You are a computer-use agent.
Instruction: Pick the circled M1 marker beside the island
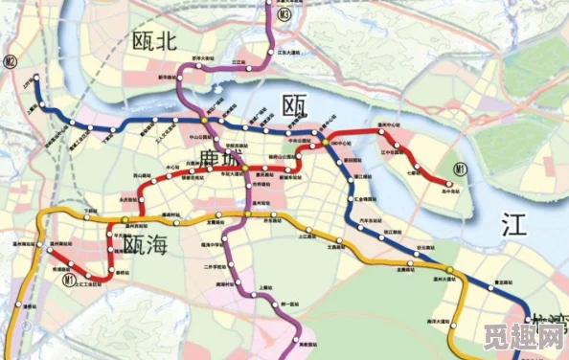460,169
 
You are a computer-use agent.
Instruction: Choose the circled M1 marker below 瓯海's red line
69,281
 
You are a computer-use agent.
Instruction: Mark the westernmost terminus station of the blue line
35,81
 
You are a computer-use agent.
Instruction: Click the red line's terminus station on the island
447,182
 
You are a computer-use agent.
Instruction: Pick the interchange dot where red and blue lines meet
326,143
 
